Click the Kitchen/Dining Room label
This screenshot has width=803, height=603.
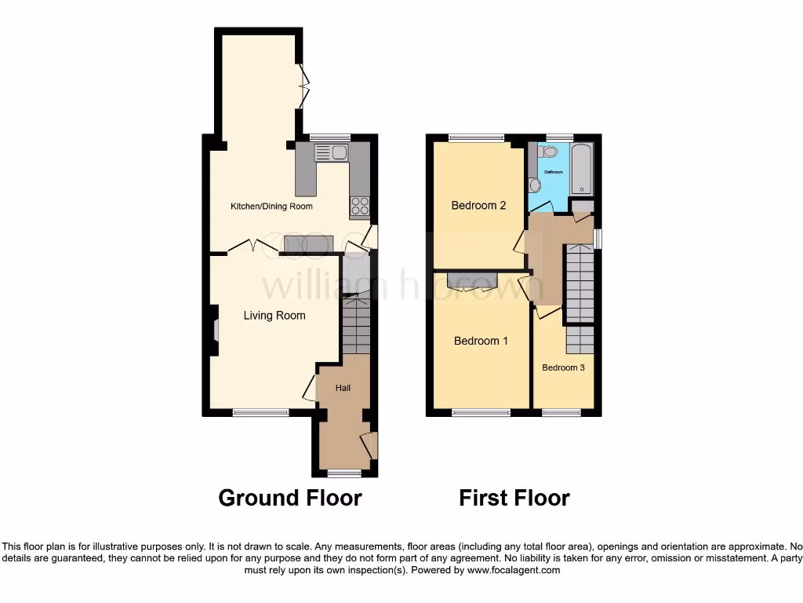point(271,206)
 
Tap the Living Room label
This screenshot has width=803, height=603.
point(274,316)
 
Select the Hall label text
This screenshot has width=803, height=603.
point(343,388)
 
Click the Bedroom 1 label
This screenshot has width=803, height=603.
point(481,341)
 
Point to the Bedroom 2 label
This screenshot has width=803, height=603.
point(478,206)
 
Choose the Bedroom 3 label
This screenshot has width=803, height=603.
point(563,367)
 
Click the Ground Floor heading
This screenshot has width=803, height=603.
point(289,498)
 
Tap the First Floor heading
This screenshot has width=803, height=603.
point(514,498)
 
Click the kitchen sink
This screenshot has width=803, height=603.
point(332,152)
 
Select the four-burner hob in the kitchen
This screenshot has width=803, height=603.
point(359,206)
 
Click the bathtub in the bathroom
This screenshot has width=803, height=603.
point(583,170)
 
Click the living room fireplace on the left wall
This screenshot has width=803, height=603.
point(214,331)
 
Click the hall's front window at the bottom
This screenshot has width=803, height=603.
point(344,473)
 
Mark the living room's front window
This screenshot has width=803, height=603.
point(260,411)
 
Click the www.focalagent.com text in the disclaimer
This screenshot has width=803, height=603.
point(513,571)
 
